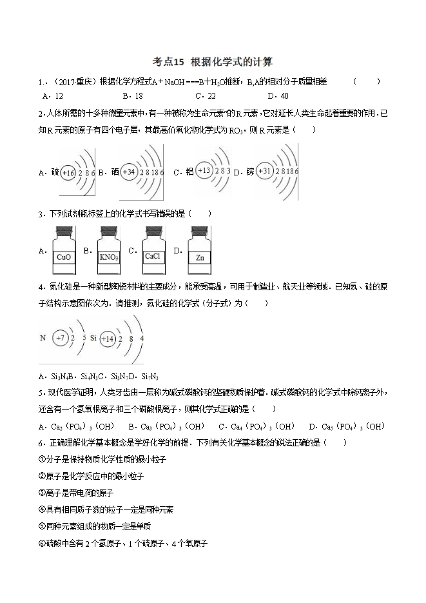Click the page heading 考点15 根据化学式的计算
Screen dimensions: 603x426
pyautogui.click(x=212, y=62)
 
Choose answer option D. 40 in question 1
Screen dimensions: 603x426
pyautogui.click(x=278, y=95)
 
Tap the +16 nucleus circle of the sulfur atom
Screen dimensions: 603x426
pyautogui.click(x=69, y=173)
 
